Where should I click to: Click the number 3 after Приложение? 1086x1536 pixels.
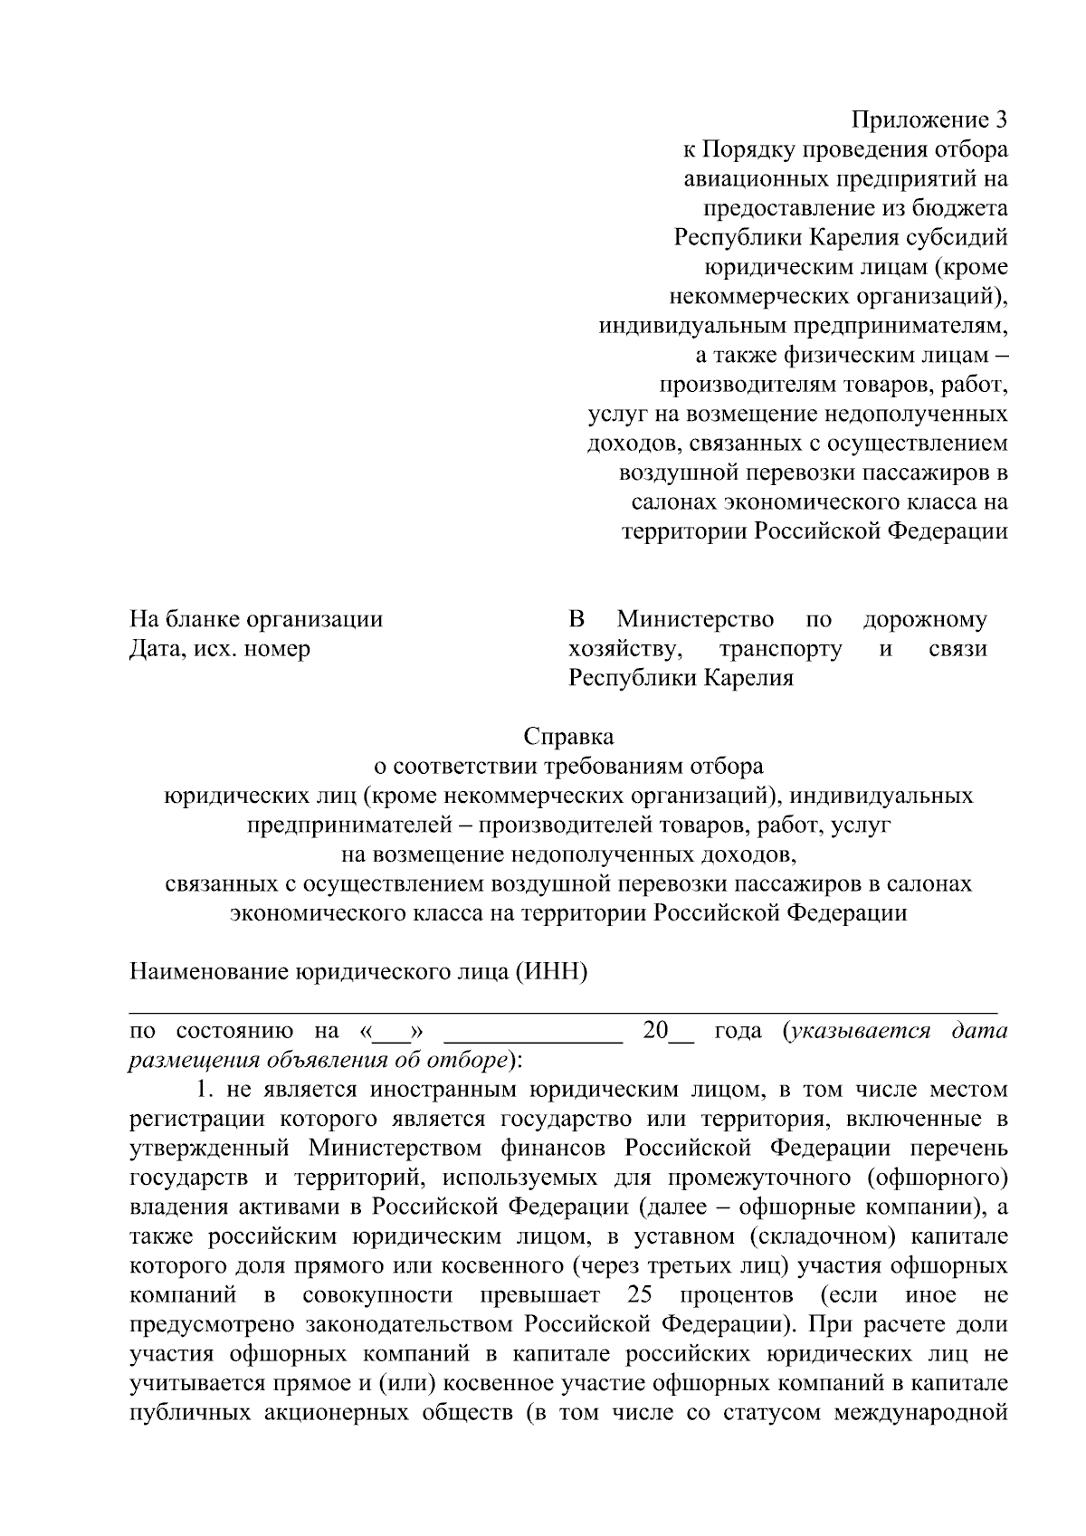pyautogui.click(x=1000, y=119)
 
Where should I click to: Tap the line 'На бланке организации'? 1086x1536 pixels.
pyautogui.click(x=256, y=620)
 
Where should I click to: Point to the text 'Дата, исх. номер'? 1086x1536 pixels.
pyautogui.click(x=220, y=649)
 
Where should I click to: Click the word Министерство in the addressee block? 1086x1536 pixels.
pyautogui.click(x=695, y=620)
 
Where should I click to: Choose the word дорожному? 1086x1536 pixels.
pyautogui.click(x=925, y=620)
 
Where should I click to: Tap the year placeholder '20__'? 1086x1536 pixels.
pyautogui.click(x=667, y=1031)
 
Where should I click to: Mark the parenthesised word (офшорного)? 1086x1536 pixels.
pyautogui.click(x=937, y=1178)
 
